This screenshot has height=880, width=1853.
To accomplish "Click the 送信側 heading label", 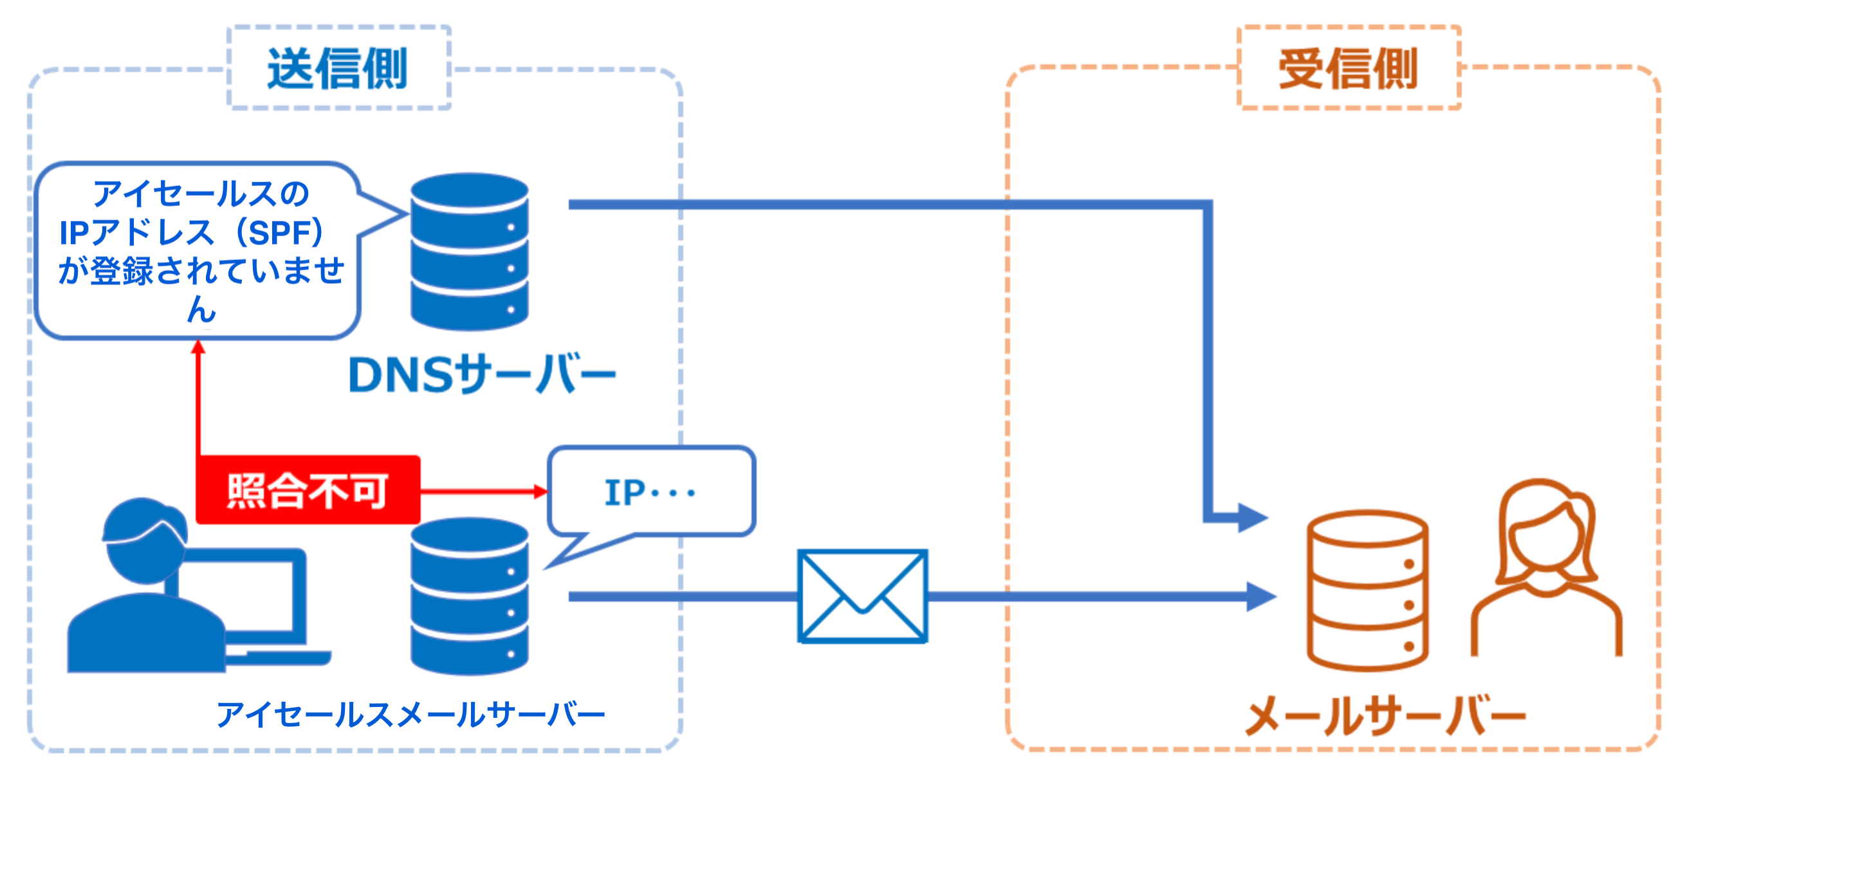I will (x=337, y=69).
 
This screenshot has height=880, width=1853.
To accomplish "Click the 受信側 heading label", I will (x=1348, y=69).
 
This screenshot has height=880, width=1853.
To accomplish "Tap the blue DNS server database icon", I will (x=469, y=252).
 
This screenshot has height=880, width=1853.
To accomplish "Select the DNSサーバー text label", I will (x=482, y=374).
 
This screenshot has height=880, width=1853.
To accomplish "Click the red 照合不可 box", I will (x=308, y=490).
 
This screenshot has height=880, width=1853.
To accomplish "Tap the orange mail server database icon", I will (x=1367, y=591).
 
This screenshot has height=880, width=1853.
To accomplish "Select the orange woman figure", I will (x=1547, y=568).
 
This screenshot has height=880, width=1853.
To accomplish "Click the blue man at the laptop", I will (x=144, y=589).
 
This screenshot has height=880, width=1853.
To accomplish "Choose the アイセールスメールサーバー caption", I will (x=410, y=715).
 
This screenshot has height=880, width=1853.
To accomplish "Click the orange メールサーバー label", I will (x=1385, y=716).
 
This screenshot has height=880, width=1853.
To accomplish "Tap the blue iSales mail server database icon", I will (x=469, y=597).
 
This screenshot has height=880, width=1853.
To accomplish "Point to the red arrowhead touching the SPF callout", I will (x=199, y=348).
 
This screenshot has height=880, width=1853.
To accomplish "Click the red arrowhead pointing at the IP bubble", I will (x=540, y=491).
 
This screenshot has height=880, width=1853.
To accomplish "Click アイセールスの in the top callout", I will (x=201, y=194).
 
